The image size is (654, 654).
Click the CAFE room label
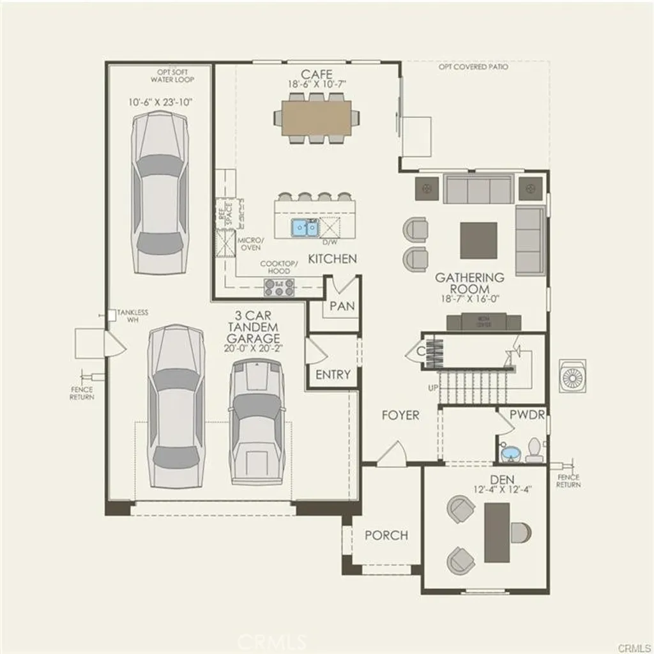[317, 74]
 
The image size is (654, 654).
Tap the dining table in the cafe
[316, 118]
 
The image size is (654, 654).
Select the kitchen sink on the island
[305, 227]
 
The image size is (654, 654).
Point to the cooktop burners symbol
[279, 287]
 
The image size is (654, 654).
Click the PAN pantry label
[342, 306]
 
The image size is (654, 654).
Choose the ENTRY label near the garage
[333, 374]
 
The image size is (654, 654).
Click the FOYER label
[400, 415]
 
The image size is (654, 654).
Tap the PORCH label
[386, 535]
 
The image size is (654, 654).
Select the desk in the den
[497, 533]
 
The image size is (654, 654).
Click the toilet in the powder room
[533, 451]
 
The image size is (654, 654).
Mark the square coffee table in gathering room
[478, 240]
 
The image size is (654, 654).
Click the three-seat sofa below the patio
[478, 190]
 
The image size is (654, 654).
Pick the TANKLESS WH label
[132, 316]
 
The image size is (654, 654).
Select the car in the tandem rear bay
[159, 192]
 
